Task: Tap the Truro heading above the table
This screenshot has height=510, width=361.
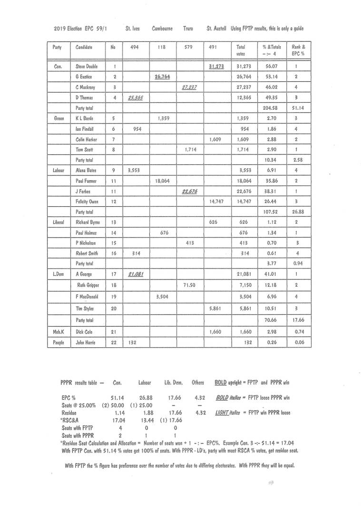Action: tap(188, 29)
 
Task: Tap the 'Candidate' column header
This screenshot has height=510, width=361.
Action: tap(84, 47)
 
